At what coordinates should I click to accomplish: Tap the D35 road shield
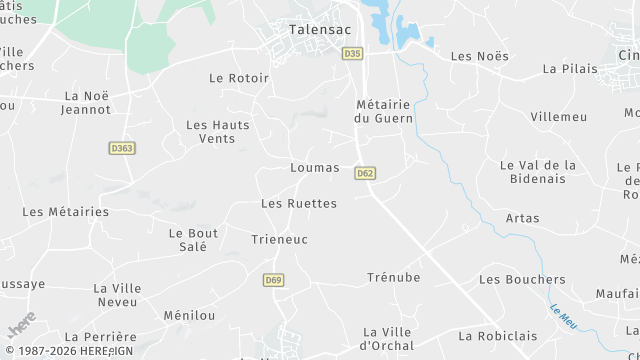351,53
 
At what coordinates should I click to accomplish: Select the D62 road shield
365,173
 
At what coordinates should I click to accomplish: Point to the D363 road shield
121,148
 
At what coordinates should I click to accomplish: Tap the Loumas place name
314,168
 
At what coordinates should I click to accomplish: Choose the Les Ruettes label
299,203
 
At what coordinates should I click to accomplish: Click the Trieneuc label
279,240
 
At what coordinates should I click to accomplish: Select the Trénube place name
393,277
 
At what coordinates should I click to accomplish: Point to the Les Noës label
475,56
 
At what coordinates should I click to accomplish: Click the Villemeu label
560,116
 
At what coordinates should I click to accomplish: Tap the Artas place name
522,218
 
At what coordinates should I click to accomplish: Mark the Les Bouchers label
522,279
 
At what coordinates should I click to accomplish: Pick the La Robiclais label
491,336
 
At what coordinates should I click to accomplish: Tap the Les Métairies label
65,212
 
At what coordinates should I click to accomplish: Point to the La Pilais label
570,69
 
